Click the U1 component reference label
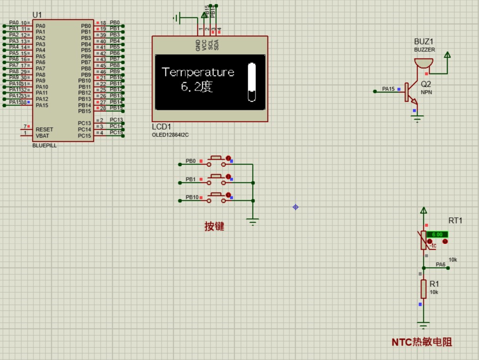click(37, 15)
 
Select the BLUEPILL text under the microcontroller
click(45, 145)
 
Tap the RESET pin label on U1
click(45, 130)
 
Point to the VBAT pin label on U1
click(43, 135)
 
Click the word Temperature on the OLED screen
click(198, 73)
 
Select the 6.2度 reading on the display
click(196, 87)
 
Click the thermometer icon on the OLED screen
click(252, 82)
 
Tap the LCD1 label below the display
click(162, 127)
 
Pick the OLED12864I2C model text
click(170, 135)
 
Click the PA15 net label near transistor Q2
click(388, 89)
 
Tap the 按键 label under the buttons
click(214, 226)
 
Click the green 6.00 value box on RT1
click(437, 234)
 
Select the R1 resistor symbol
click(423, 289)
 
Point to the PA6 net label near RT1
click(440, 265)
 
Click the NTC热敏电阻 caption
click(422, 342)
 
